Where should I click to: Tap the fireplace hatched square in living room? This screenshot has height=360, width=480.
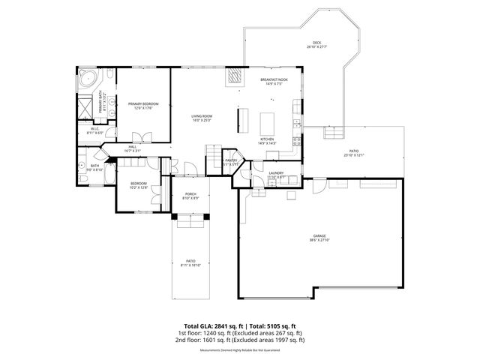[x=235, y=76]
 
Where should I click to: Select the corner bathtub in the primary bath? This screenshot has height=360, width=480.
[x=88, y=77]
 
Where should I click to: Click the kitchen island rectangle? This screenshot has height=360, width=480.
[x=267, y=121]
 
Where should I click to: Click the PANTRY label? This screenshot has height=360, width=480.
[x=231, y=160]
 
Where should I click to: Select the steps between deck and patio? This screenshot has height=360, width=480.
[x=331, y=136]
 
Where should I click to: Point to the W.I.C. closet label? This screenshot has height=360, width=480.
[x=96, y=128]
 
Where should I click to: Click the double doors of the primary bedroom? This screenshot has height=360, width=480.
[x=138, y=137]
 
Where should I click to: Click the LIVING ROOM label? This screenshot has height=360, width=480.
[x=202, y=116]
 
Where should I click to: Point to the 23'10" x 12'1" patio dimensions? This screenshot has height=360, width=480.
[x=353, y=155]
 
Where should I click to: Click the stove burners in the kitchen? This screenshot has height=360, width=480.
[x=297, y=139]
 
